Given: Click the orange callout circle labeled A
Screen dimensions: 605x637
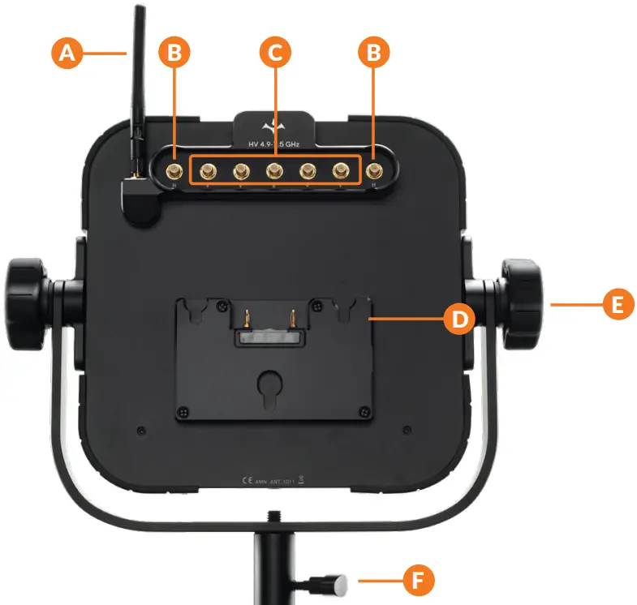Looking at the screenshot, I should click(x=68, y=54).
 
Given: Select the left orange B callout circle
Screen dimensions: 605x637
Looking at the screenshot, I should click(x=174, y=54).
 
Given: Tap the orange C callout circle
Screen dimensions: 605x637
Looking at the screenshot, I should click(x=275, y=54).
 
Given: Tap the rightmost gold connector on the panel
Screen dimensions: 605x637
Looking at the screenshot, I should click(x=375, y=171).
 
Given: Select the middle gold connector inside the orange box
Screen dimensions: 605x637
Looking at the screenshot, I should click(x=274, y=171).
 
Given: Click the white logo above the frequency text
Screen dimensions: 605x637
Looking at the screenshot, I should click(x=273, y=127).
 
